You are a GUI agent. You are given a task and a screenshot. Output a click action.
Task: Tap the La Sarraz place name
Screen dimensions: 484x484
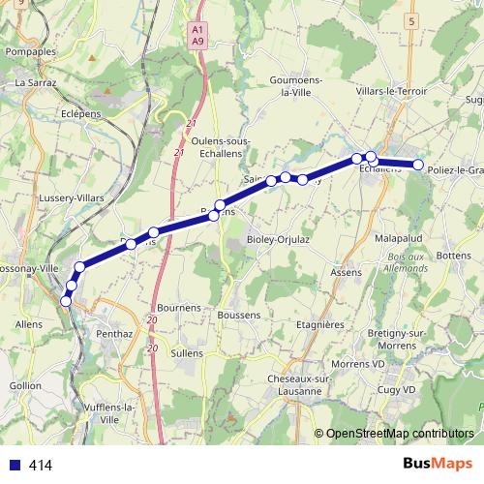[37, 83]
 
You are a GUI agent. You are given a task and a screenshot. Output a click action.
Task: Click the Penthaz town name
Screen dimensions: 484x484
[114, 332]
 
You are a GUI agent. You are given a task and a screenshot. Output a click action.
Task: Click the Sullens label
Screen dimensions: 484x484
[187, 353]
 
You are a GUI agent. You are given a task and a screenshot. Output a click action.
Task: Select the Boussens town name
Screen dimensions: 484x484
[240, 315]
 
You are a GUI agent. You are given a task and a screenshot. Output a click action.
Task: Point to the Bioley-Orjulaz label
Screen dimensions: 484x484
[278, 238]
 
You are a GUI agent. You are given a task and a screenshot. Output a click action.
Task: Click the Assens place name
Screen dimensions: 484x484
[347, 274]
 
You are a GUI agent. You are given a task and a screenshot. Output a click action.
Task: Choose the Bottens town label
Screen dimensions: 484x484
[453, 256]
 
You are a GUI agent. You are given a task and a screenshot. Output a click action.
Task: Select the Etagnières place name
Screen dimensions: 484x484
[320, 325]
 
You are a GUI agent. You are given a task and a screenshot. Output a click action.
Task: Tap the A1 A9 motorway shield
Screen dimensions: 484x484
[197, 35]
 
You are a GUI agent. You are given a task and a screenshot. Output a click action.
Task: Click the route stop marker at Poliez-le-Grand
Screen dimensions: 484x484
[418, 166]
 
